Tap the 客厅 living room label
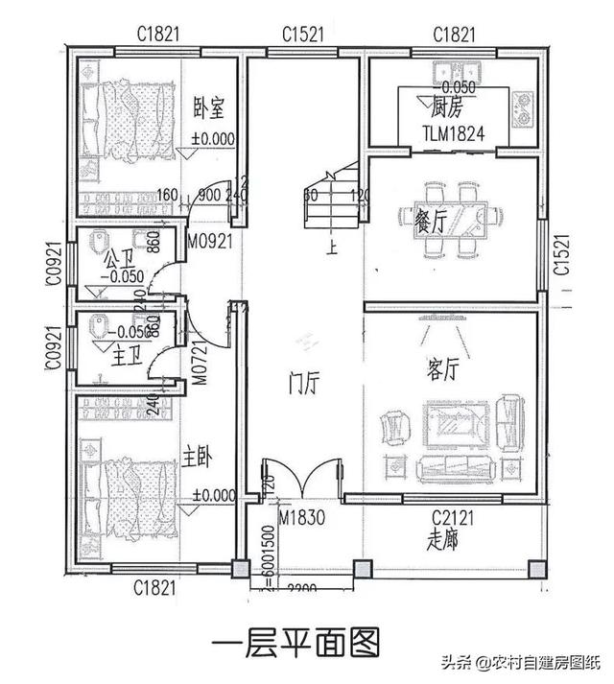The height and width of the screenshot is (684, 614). (x=444, y=369)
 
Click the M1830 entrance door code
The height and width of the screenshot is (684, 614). (x=300, y=519)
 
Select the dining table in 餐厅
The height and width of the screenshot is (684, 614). (x=465, y=220)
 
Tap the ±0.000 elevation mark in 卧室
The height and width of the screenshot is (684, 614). (x=213, y=138)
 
